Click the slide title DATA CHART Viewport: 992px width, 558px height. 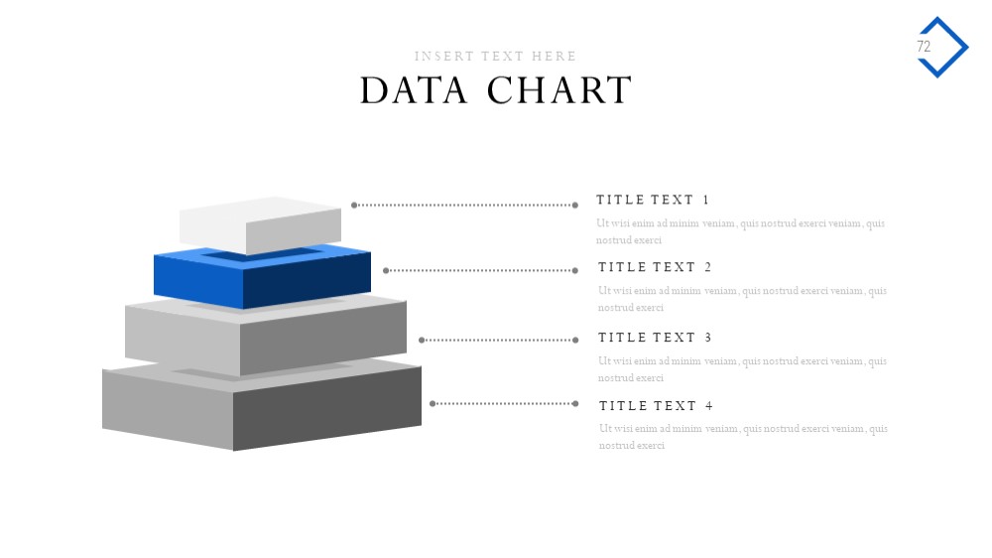[496, 90]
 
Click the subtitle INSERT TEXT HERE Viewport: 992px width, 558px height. [495, 57]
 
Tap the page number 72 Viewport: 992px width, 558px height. [924, 47]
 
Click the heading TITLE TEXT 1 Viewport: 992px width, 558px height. [653, 201]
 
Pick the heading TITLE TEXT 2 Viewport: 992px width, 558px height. [655, 267]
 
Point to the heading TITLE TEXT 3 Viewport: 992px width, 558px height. [655, 338]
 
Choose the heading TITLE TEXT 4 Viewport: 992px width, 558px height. [656, 406]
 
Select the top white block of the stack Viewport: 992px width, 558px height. [260, 224]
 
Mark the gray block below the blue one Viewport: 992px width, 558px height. [266, 336]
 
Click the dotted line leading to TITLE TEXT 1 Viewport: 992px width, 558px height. [464, 206]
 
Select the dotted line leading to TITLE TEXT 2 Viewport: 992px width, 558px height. [481, 270]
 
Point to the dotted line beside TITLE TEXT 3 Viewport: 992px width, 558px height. [499, 341]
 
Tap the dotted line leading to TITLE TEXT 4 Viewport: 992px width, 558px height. [504, 403]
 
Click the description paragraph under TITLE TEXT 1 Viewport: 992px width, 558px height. [740, 231]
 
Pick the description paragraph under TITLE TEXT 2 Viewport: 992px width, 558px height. [742, 299]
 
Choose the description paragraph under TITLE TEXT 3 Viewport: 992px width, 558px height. [742, 369]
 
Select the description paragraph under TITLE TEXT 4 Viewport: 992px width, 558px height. [743, 437]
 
